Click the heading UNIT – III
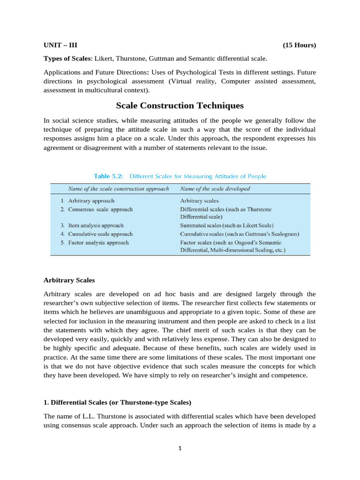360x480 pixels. pyautogui.click(x=60, y=45)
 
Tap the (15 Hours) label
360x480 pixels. pyautogui.click(x=299, y=45)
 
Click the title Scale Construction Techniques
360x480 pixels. pyautogui.click(x=180, y=106)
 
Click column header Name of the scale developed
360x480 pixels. pyautogui.click(x=215, y=189)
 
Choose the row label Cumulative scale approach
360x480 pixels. pyautogui.click(x=100, y=234)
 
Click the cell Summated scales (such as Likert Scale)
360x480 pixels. pyautogui.click(x=227, y=225)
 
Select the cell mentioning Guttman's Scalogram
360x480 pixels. pyautogui.click(x=240, y=234)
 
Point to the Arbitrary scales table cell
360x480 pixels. pyautogui.click(x=199, y=201)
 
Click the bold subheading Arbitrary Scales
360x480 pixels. pyautogui.click(x=69, y=280)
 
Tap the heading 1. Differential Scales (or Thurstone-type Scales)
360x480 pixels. pyautogui.click(x=117, y=403)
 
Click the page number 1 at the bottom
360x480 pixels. pyautogui.click(x=180, y=448)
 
